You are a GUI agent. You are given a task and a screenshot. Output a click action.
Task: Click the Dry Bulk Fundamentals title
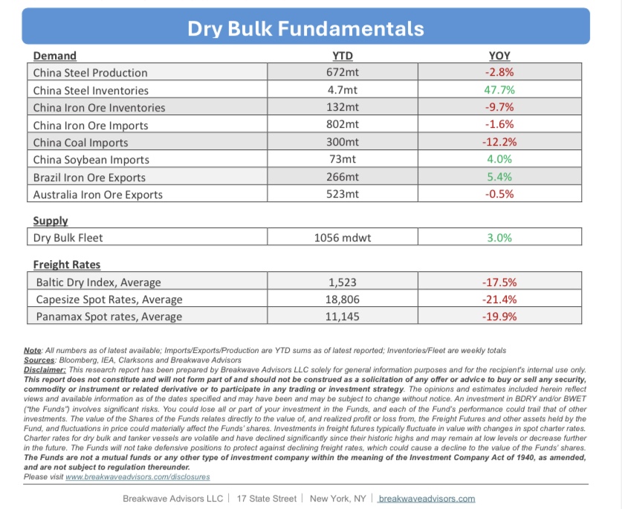[305, 29]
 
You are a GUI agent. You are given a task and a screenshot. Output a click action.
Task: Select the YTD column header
[343, 56]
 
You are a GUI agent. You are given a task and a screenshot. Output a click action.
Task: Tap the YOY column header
[499, 56]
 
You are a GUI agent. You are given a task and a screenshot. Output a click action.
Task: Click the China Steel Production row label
[90, 73]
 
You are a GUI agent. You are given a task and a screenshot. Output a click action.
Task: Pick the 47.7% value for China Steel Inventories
[499, 90]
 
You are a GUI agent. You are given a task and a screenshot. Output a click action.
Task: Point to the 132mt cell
[343, 108]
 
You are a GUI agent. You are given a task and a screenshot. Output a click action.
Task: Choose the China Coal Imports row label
[80, 143]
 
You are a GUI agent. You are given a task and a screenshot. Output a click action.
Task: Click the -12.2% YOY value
[499, 143]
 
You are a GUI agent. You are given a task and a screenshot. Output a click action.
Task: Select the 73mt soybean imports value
[343, 160]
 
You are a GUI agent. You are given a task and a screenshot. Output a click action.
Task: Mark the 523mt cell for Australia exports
[343, 195]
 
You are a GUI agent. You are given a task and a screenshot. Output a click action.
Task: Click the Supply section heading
[51, 221]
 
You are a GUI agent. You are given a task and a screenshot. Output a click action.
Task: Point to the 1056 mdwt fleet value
[343, 239]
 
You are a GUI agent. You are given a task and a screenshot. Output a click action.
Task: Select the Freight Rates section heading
[67, 265]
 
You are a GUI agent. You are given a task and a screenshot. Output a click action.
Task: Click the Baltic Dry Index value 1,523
[343, 282]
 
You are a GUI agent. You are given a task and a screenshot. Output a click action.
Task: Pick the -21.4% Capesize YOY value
[499, 299]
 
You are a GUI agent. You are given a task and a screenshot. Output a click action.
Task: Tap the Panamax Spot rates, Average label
[108, 317]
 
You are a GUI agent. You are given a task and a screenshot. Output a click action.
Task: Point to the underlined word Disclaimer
[46, 369]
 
